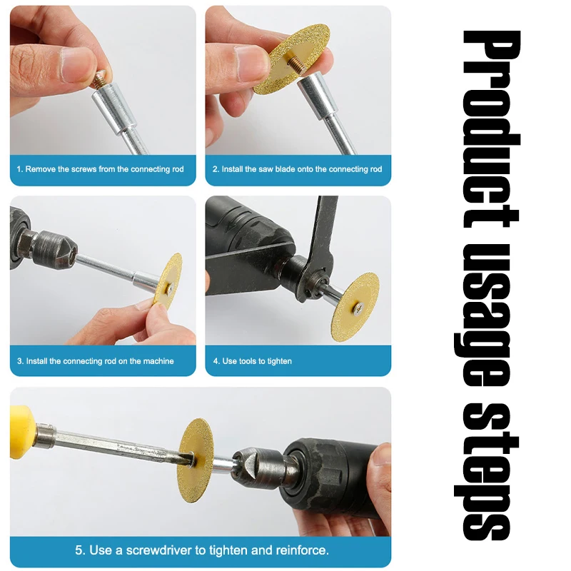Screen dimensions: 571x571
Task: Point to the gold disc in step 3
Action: [x=168, y=280]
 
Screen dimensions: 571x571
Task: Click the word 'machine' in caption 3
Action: [x=158, y=361]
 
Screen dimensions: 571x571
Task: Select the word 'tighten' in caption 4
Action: [x=280, y=361]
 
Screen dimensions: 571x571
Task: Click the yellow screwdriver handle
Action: [x=21, y=433]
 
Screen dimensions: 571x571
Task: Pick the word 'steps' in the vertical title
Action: [x=486, y=473]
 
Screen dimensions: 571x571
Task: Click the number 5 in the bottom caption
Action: [x=79, y=550]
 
